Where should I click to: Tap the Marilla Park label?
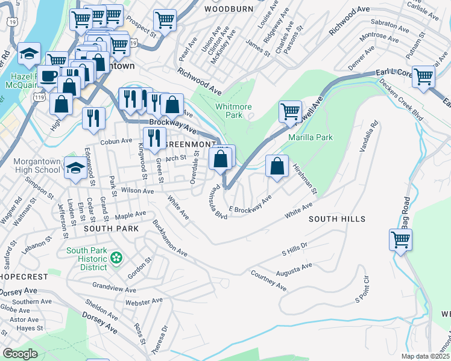(x=311, y=137)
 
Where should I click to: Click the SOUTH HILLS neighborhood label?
(x=334, y=220)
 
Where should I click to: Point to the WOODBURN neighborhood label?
(x=227, y=10)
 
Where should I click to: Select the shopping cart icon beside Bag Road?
(x=400, y=239)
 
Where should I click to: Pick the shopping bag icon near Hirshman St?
(x=276, y=167)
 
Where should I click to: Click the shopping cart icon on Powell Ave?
(x=290, y=111)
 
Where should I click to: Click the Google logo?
(x=20, y=354)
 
